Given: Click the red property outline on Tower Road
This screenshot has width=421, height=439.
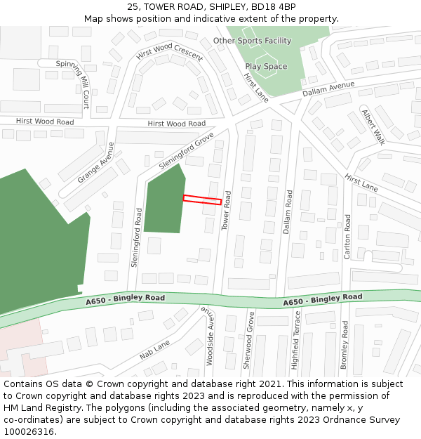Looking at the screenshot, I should click(202, 200).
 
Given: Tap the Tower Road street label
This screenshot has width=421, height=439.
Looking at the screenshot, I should click(226, 210).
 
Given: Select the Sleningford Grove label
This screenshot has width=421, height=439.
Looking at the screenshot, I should click(186, 151).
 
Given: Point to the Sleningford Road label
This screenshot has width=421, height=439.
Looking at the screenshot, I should click(136, 236).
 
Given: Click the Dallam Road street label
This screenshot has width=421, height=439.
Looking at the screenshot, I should click(288, 211).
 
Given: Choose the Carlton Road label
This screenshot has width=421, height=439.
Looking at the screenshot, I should click(347, 237).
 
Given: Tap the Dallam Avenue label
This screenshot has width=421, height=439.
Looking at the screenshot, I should click(328, 89).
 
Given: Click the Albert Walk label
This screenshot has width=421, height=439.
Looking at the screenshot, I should click(373, 126).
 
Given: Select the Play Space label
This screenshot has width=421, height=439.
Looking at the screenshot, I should click(266, 67).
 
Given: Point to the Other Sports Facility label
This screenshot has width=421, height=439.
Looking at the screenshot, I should click(252, 41).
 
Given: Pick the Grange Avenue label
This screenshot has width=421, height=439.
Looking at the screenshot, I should click(96, 163).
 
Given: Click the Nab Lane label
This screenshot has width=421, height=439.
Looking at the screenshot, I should click(154, 349).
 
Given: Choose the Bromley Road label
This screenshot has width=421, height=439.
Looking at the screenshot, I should click(345, 345).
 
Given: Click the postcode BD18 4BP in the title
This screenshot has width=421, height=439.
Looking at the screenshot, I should click(271, 7).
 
